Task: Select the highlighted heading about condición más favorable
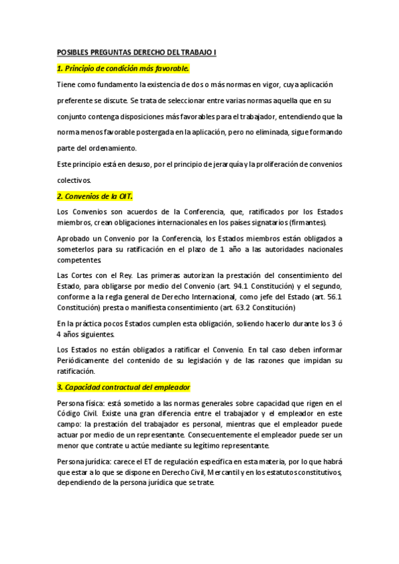pos(123,68)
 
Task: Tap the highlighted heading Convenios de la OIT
pos(95,196)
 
